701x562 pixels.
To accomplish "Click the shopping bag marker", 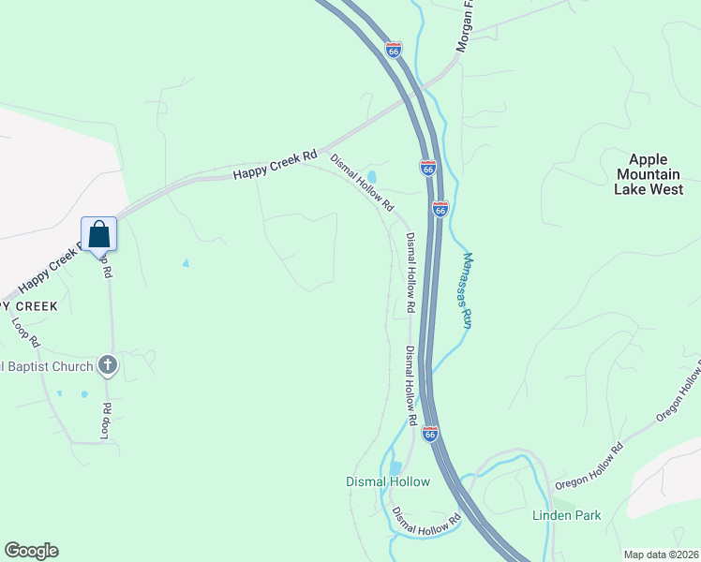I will pyautogui.click(x=99, y=235).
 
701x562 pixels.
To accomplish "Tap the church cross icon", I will pyautogui.click(x=108, y=364).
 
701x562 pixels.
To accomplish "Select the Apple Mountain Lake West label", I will pyautogui.click(x=649, y=174).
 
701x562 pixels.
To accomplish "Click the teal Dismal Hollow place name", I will pyautogui.click(x=388, y=482).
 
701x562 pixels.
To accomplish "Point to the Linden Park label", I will pyautogui.click(x=566, y=515).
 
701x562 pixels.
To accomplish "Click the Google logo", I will pyautogui.click(x=31, y=551).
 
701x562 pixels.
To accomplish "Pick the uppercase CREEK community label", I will pyautogui.click(x=30, y=306).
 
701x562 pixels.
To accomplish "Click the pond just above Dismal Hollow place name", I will pyautogui.click(x=395, y=466).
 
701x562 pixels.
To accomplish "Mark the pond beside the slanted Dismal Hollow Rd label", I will pyautogui.click(x=372, y=176).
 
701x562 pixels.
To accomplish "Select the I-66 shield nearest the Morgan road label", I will pyautogui.click(x=394, y=49).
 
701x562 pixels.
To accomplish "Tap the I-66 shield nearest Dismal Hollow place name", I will pyautogui.click(x=429, y=434).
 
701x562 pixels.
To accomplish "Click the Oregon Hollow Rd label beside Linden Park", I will pyautogui.click(x=589, y=466).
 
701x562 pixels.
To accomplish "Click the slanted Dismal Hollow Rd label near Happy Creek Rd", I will pyautogui.click(x=362, y=182).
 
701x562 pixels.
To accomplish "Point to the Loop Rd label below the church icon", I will pyautogui.click(x=107, y=421).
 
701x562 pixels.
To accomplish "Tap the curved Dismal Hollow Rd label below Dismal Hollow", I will pyautogui.click(x=426, y=523).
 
